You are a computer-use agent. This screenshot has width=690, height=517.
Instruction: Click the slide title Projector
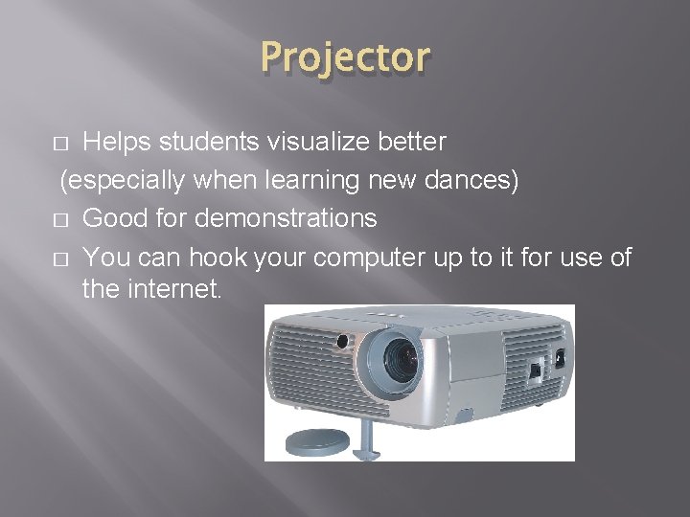click(x=345, y=57)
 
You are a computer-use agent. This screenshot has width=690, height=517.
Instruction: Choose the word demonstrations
click(x=287, y=218)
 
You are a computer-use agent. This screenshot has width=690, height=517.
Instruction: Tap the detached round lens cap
click(x=318, y=442)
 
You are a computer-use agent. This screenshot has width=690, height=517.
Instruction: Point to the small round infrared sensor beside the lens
click(x=341, y=341)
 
